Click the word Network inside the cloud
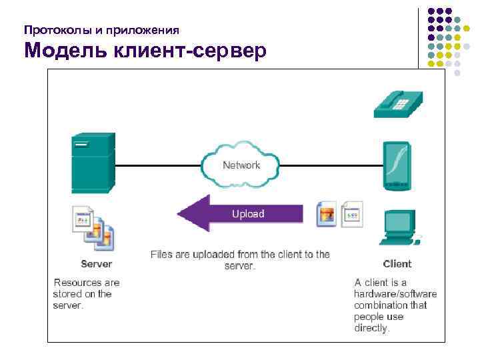[x=241, y=165]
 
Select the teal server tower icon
[x=93, y=164]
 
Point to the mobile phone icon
[x=396, y=165]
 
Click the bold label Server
[x=97, y=264]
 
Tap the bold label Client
[x=397, y=264]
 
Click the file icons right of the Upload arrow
[x=339, y=214]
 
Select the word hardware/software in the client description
[x=395, y=294]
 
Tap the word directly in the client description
[x=372, y=328]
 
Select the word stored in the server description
[x=66, y=294]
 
